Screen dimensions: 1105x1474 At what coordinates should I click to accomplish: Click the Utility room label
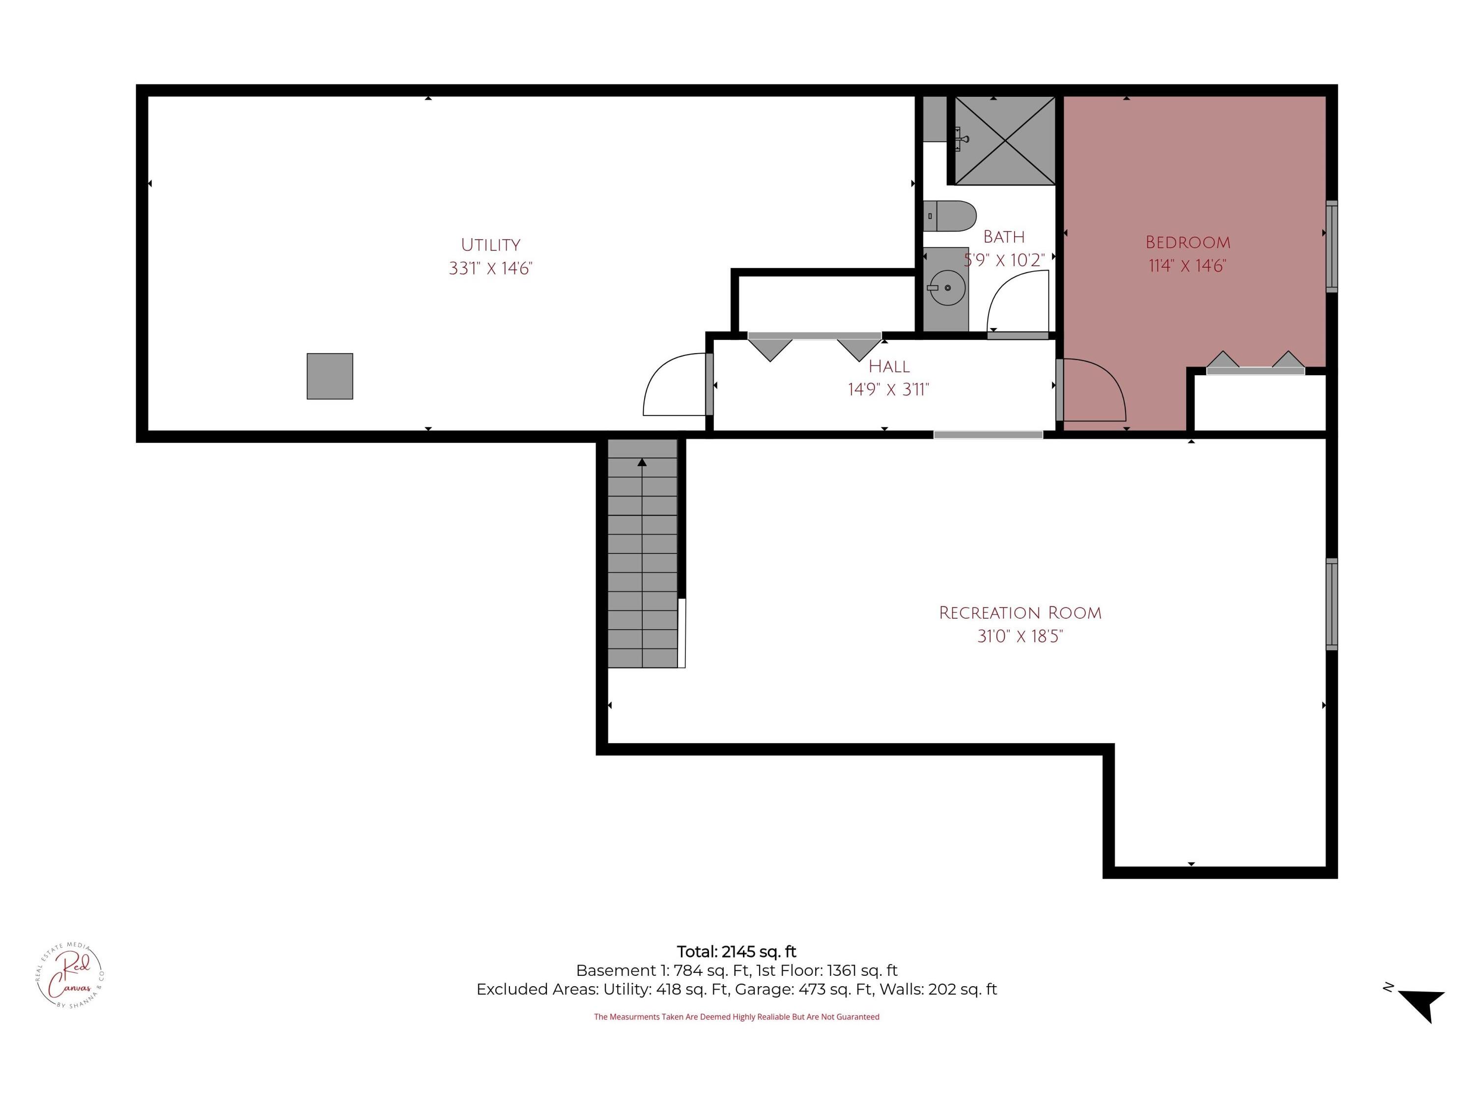click(490, 245)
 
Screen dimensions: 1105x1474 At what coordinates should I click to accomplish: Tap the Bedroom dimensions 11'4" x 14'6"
click(1188, 266)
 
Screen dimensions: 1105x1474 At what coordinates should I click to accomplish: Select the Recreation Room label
click(1020, 613)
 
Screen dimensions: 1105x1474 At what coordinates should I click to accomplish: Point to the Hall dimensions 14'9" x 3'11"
click(888, 389)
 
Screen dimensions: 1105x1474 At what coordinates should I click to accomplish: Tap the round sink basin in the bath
click(947, 288)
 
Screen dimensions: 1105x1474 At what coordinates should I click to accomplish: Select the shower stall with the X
click(1005, 140)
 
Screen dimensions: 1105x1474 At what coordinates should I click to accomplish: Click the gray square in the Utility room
click(330, 376)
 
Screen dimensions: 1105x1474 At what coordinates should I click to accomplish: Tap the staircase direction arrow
click(642, 462)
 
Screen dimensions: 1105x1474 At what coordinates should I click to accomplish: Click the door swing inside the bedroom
click(1094, 389)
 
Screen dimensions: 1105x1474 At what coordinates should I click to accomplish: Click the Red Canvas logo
click(70, 975)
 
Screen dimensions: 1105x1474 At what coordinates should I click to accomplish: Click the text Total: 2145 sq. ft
click(737, 952)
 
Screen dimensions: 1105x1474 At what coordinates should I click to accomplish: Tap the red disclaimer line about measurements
click(737, 1017)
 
